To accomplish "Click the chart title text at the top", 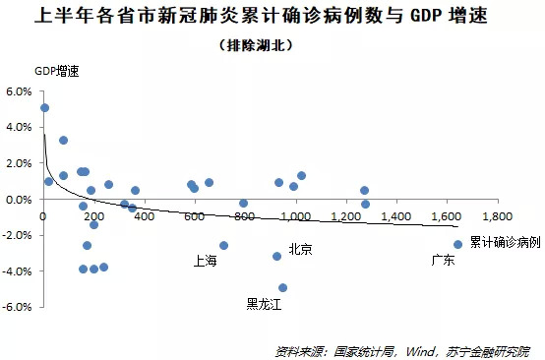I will coord(272,17).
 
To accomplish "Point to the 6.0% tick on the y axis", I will coord(20,91).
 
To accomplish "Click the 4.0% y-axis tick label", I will coord(20,127).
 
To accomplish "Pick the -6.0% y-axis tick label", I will coord(19,307).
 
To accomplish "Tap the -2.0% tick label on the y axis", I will coord(19,235).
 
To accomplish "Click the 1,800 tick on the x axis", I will coord(496,215).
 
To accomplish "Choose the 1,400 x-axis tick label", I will coord(395,215).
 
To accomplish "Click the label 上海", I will coord(206,261).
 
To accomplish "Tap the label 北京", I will coord(300,250).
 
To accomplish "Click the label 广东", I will coord(445,261).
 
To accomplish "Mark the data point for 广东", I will coord(457,244).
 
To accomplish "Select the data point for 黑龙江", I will coord(283,288).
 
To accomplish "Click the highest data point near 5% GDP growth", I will coord(44,108).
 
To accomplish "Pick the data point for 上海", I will coord(223,245).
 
